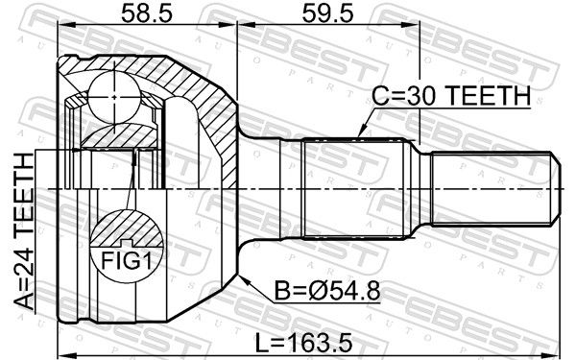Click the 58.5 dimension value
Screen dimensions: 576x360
pos(147,14)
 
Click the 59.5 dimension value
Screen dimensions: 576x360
pos(327,14)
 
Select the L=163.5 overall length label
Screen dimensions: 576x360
pos(303,342)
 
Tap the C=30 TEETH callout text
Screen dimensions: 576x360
pos(451,95)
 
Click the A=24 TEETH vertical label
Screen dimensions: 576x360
pos(24,231)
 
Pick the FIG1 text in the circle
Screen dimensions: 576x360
pos(127,260)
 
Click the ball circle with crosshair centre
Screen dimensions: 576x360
pos(114,97)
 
